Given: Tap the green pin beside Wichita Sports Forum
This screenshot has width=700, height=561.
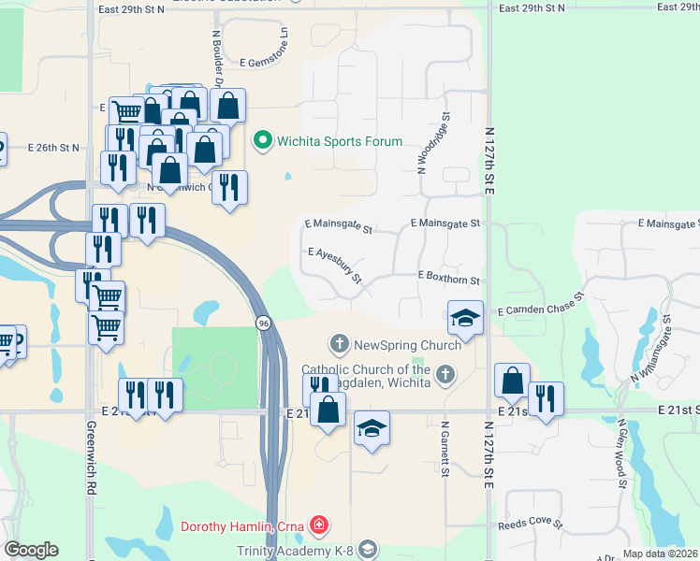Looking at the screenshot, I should [x=263, y=142].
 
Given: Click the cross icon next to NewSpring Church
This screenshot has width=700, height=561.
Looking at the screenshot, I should [x=339, y=345].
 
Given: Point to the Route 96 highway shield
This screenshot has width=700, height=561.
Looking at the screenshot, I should [x=264, y=323].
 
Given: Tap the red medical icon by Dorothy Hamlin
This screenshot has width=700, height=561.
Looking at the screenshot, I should [x=320, y=525].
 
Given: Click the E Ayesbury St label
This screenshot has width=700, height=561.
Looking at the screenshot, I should [x=334, y=266].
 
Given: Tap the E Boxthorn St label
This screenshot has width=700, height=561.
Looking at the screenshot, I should [x=448, y=280].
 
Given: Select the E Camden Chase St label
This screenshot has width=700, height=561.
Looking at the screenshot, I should [x=540, y=303].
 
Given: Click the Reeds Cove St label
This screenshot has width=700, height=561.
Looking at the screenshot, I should [x=530, y=525].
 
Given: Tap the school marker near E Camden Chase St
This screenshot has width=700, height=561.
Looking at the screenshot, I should [x=465, y=317].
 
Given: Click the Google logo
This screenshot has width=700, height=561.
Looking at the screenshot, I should [x=31, y=550].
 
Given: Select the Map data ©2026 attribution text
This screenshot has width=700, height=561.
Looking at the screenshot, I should [x=660, y=554].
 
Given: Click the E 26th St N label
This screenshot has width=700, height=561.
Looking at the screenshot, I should [x=54, y=148].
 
